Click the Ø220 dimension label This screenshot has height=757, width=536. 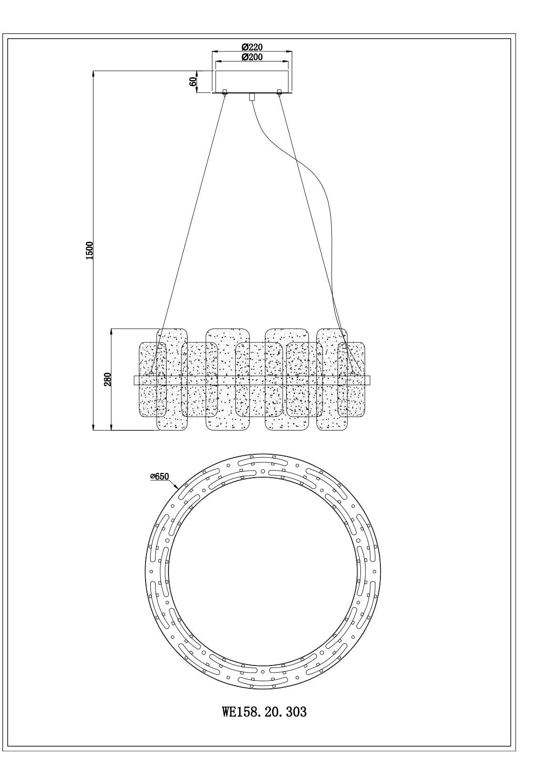252,47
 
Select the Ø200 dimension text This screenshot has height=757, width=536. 252,57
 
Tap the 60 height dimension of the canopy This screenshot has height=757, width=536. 193,81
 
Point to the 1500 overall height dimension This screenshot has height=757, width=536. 89,250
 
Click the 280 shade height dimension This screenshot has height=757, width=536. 107,379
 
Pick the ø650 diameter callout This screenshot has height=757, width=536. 159,476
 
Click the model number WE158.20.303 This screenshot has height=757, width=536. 264,712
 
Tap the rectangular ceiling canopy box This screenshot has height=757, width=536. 252,81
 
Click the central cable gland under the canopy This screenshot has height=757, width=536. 252,97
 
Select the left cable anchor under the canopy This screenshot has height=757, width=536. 224,92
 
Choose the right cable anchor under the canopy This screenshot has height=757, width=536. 279,92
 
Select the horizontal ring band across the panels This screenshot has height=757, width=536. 252,380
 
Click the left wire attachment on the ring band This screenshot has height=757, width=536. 151,375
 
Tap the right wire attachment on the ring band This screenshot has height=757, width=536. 353,375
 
